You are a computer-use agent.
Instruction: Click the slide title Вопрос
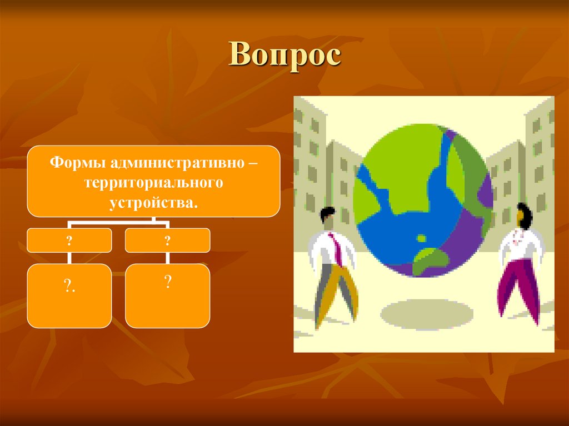coord(284,56)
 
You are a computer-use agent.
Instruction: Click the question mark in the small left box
coord(69,239)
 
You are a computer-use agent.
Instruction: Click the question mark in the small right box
coord(167,239)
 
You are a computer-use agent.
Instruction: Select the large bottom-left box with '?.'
coord(69,295)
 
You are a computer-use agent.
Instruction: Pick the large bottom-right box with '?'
coord(167,295)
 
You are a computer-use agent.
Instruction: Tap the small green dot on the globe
coord(421,238)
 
